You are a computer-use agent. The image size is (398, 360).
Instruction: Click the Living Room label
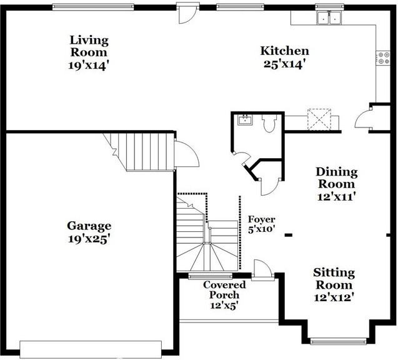tap(88, 46)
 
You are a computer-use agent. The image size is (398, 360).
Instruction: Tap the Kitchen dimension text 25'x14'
tap(284, 64)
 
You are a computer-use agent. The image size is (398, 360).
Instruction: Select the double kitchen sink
tap(329, 17)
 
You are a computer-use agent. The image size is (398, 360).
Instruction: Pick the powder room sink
tap(244, 121)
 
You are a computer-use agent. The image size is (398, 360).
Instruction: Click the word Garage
tap(89, 226)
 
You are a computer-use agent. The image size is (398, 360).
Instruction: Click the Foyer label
tap(262, 219)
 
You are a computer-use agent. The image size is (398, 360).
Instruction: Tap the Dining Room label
tap(336, 177)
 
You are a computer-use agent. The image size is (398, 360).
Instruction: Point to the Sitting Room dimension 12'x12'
tap(334, 297)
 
